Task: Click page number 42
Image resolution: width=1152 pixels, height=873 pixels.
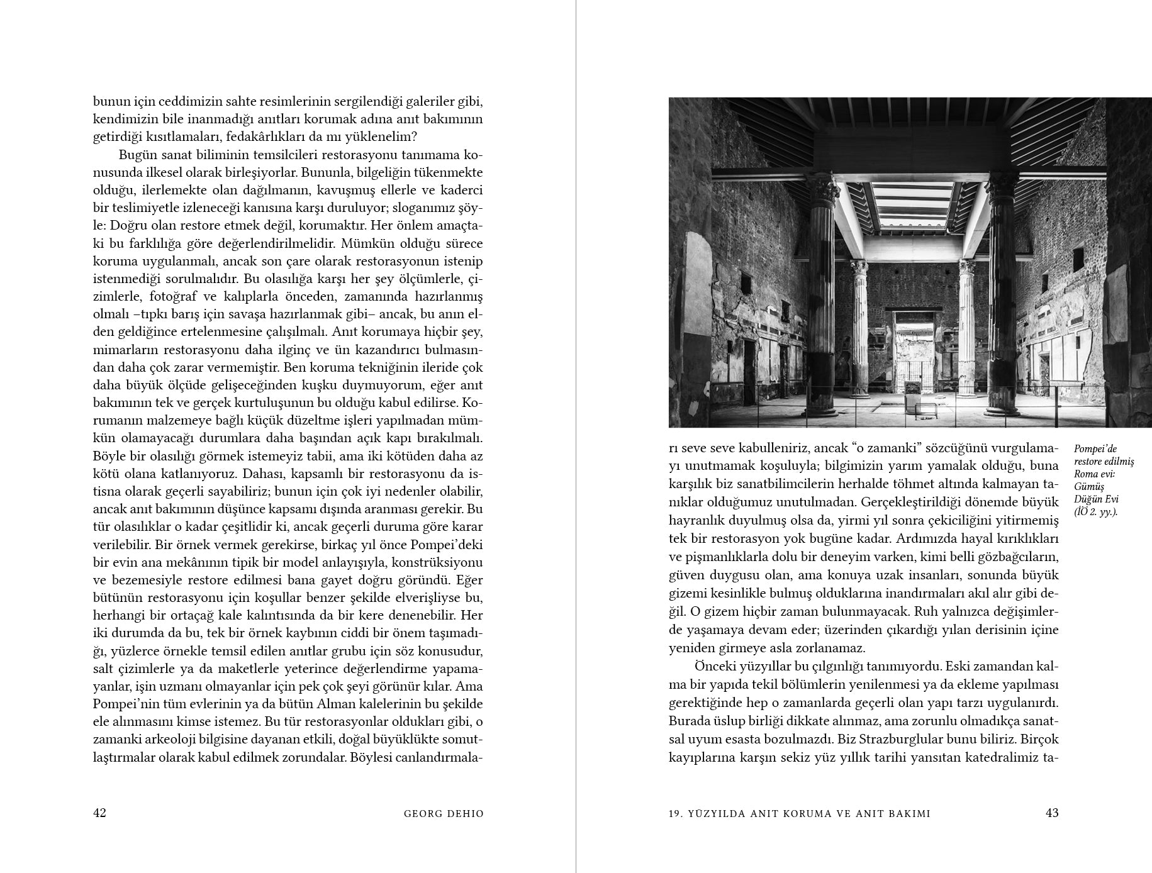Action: [99, 813]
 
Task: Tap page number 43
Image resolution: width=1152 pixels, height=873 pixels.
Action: [1052, 813]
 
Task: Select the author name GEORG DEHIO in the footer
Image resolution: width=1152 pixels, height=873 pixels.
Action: [444, 813]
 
